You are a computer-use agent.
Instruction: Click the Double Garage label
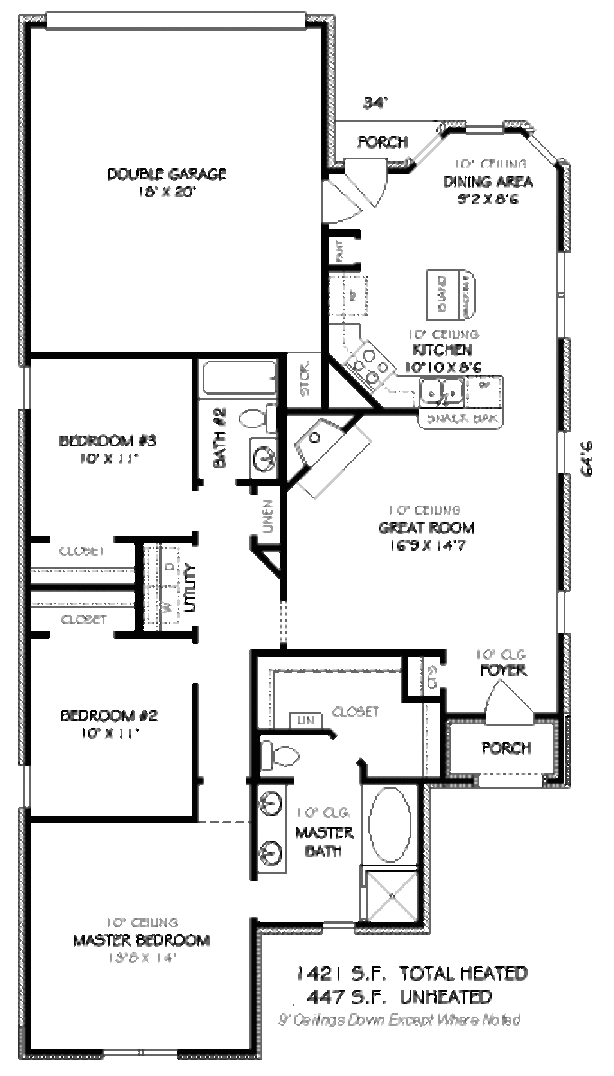pos(166,174)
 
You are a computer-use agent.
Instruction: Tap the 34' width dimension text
pos(374,103)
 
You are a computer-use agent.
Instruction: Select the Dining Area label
pos(487,182)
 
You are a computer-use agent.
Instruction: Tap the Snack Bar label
pos(461,418)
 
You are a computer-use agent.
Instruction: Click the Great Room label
pos(426,528)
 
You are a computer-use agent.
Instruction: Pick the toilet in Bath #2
pos(257,418)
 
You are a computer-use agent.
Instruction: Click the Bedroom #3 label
pos(108,442)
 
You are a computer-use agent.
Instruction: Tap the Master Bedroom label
pos(142,940)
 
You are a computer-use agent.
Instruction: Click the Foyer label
pos(503,670)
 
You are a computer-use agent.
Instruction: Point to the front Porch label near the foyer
pos(506,748)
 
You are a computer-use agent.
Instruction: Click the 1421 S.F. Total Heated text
pos(413,973)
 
